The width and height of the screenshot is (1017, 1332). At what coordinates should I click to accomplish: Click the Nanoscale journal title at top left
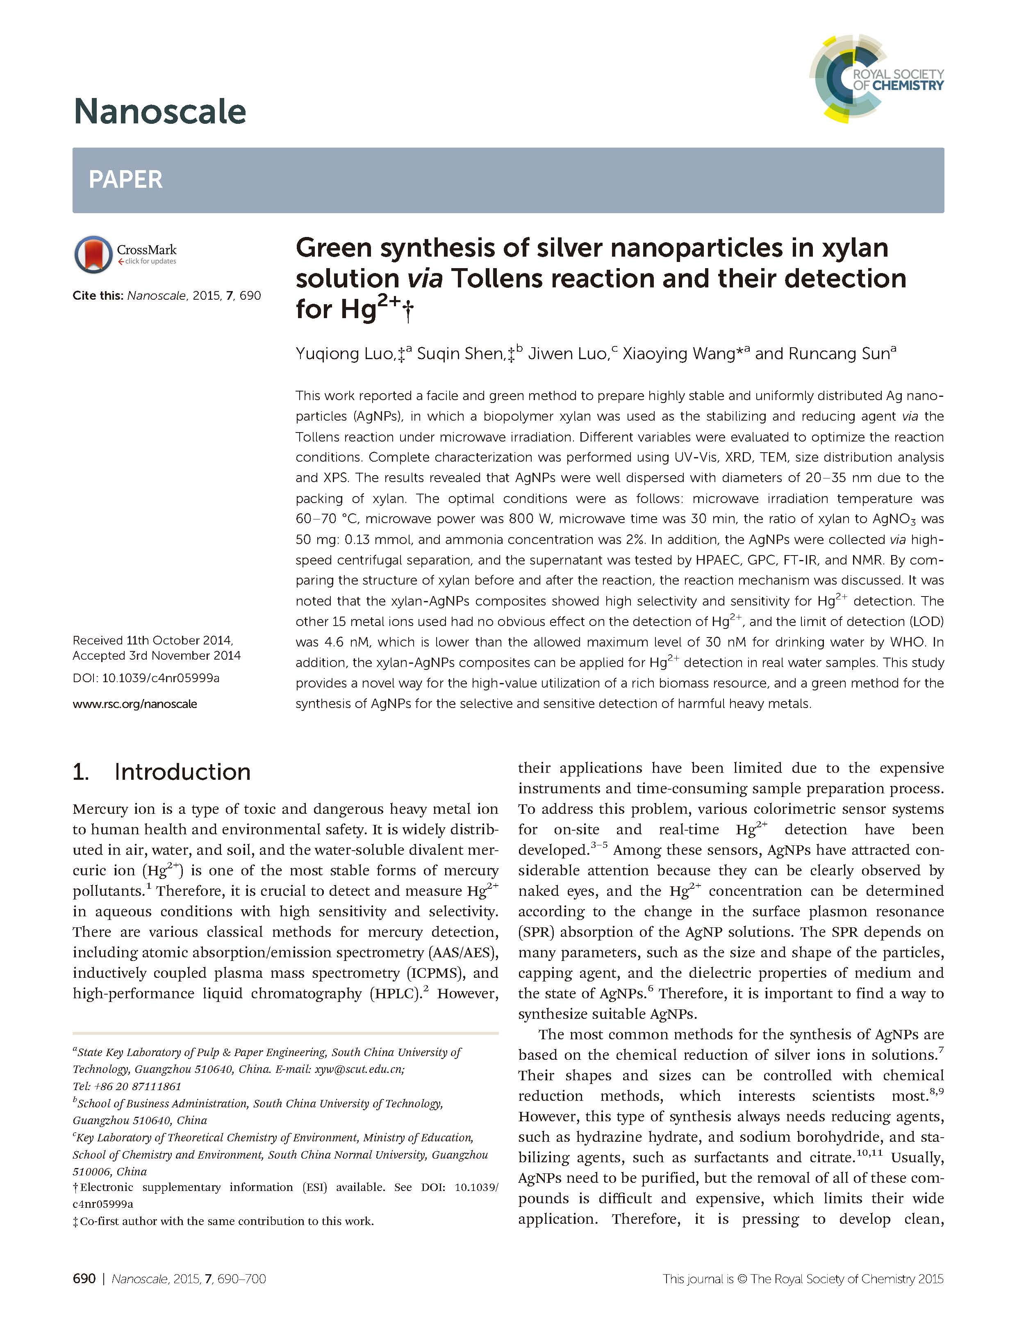tap(160, 112)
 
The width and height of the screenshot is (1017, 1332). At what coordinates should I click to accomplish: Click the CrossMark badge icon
tap(93, 254)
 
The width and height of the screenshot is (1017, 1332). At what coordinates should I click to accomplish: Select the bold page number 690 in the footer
tap(84, 1279)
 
